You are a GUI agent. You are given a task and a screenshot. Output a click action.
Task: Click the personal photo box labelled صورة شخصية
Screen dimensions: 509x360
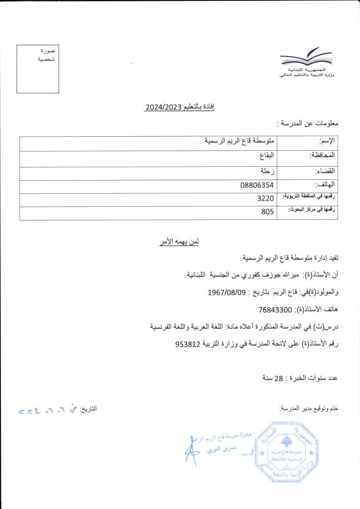tap(38, 69)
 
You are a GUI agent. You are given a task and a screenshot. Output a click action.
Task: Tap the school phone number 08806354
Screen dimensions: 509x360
tap(257, 185)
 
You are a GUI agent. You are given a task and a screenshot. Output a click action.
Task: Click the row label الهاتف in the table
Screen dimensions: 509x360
tap(326, 185)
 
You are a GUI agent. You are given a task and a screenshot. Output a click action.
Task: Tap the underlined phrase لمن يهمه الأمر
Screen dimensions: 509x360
tap(179, 242)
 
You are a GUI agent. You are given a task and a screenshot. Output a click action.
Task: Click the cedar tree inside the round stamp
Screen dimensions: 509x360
tap(286, 443)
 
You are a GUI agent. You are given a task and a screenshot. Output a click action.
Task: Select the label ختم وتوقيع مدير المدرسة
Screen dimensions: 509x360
tap(309, 409)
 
